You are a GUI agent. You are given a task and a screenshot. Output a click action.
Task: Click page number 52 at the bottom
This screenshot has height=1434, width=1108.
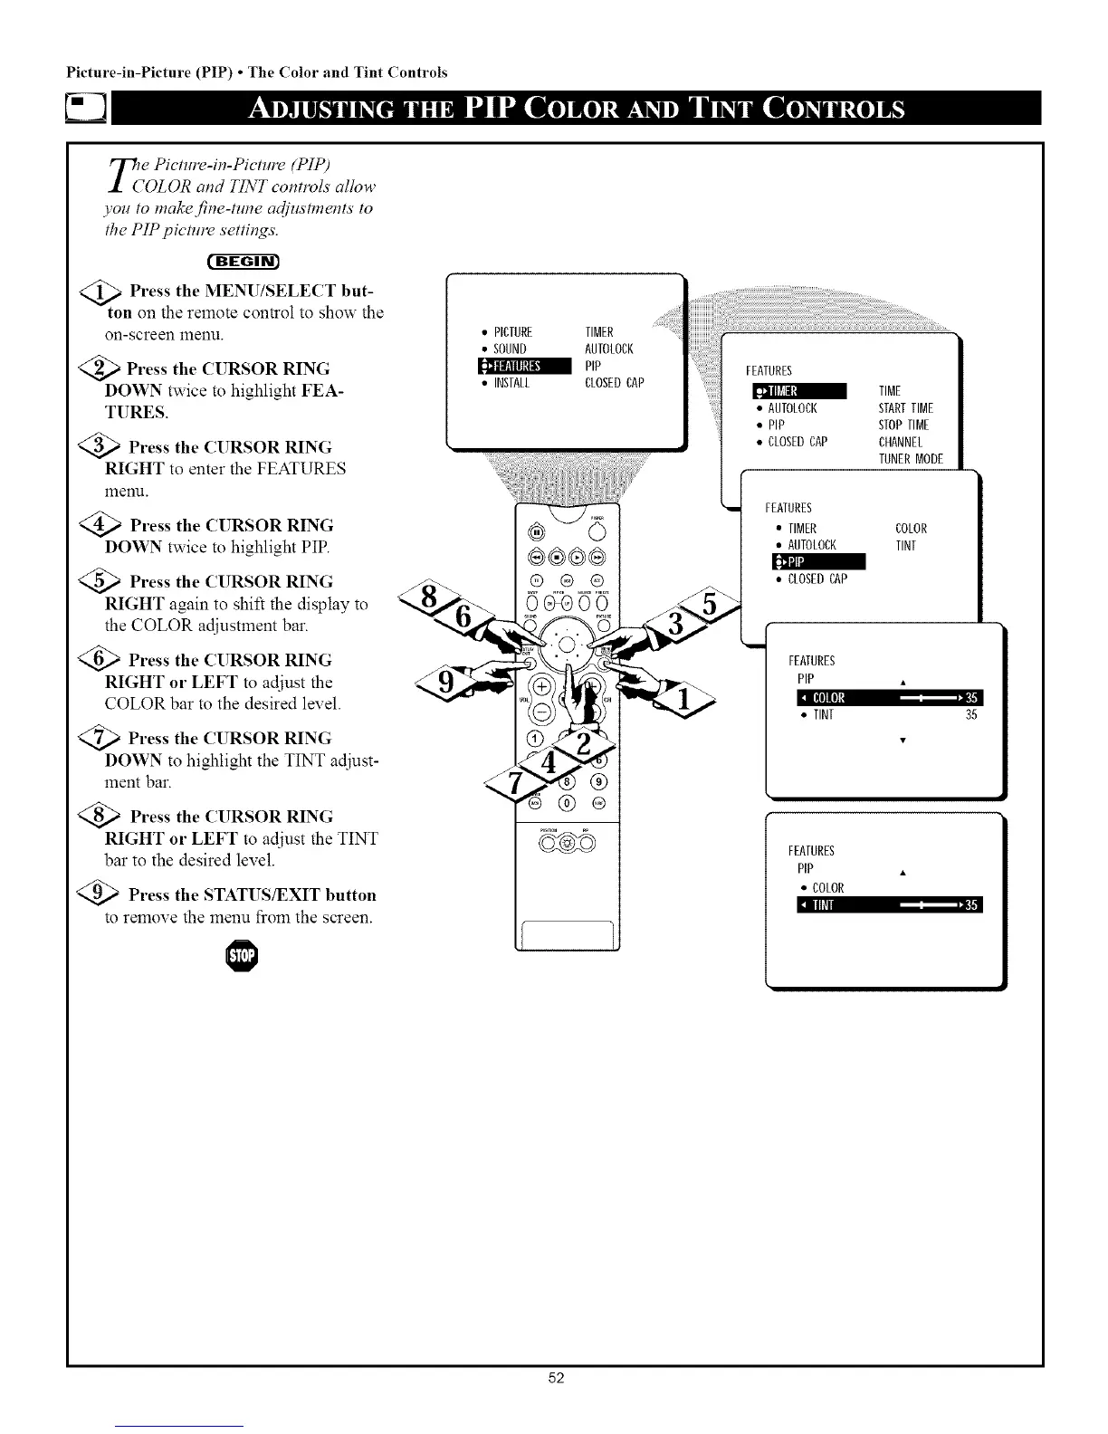click(556, 1403)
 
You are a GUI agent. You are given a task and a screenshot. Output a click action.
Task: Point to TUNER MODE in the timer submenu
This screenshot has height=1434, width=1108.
click(911, 459)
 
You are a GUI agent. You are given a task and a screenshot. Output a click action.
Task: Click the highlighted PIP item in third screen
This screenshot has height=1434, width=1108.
click(815, 562)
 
